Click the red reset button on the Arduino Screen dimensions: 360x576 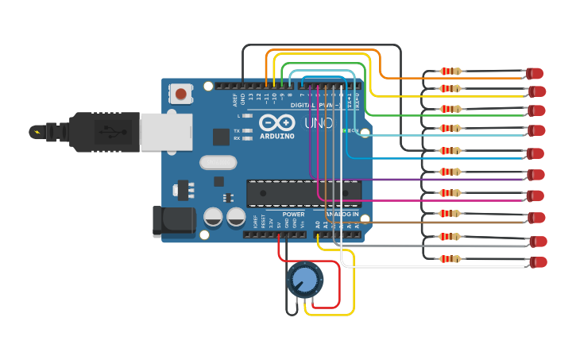tap(181, 95)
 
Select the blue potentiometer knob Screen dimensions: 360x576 tap(304, 279)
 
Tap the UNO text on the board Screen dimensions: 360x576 tap(319, 123)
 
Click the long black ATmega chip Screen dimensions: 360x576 tap(303, 193)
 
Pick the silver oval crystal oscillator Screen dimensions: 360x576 tap(218, 162)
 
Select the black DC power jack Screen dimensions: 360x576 tap(173, 221)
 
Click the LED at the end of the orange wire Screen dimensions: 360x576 tap(535, 74)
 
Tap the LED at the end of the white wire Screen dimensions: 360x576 tap(539, 262)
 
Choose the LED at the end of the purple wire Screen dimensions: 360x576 tap(536, 175)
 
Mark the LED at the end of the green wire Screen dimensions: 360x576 tap(537, 110)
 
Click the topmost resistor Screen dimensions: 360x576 tap(450, 72)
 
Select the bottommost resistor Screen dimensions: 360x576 tap(450, 259)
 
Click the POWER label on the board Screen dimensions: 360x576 tap(293, 214)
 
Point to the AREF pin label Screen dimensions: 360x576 tap(235, 99)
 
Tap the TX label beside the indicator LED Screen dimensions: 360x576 tap(237, 130)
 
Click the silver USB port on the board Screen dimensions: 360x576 tap(166, 131)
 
